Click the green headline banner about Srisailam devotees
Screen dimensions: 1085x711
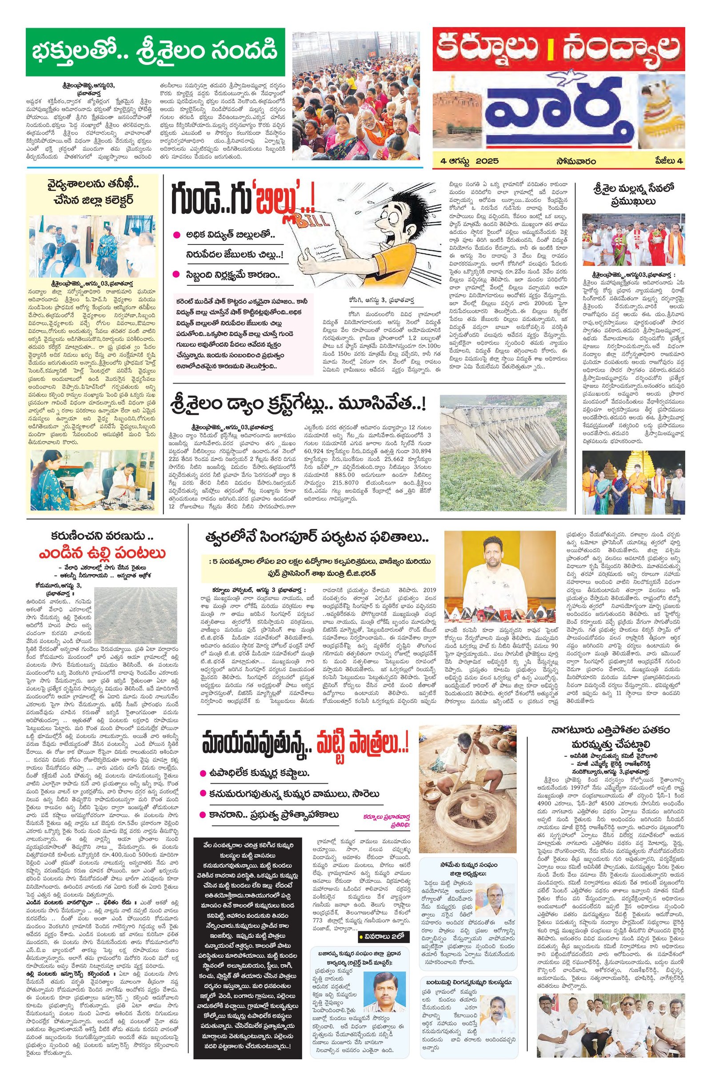(x=155, y=52)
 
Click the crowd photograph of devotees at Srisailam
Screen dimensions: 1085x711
(x=362, y=96)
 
